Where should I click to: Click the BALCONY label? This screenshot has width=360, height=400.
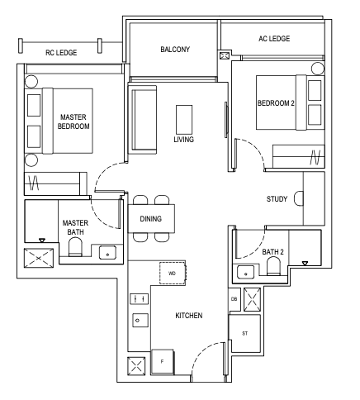point(175,50)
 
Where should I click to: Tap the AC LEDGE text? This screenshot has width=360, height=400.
point(274,39)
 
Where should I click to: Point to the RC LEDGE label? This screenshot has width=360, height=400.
point(61,53)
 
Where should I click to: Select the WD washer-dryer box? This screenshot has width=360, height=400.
point(173,274)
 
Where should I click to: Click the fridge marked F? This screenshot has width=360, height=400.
point(163,361)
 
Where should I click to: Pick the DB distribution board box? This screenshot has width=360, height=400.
point(234,299)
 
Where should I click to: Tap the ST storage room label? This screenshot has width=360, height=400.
point(244,333)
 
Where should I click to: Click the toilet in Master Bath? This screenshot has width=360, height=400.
point(75,246)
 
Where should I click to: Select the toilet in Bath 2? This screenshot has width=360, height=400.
point(273,266)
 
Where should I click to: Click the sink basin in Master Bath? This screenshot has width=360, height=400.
point(107,253)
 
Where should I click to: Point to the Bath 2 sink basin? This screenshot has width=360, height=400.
point(245,272)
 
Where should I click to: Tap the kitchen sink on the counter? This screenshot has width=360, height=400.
point(140,320)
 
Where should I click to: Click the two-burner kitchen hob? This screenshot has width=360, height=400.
point(139,299)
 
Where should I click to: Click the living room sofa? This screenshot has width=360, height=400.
point(143,120)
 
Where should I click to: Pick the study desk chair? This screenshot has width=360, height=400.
point(299,198)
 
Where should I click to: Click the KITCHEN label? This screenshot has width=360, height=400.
point(189,316)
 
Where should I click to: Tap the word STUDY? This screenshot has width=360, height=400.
point(277,199)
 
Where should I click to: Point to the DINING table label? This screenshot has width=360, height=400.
point(151,219)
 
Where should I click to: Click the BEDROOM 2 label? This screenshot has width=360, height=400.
point(276,103)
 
